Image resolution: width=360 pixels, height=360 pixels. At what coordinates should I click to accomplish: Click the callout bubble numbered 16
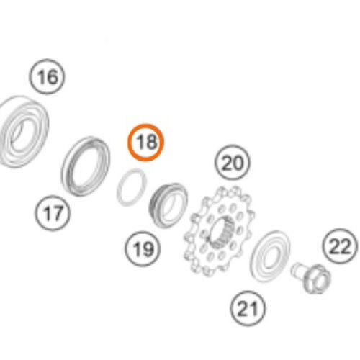tap(47, 76)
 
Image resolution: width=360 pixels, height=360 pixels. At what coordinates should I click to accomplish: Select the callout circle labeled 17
tap(53, 213)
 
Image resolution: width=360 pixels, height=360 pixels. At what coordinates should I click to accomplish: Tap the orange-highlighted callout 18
tap(145, 143)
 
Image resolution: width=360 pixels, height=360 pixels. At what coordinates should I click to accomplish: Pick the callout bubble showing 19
tap(143, 248)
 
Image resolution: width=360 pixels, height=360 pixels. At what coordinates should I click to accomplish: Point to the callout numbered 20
tap(232, 163)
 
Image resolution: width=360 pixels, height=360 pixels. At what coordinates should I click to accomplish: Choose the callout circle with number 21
tap(248, 308)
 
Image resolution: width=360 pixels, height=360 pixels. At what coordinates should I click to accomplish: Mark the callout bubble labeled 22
tap(340, 246)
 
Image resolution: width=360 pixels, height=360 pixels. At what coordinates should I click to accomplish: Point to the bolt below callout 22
tap(312, 279)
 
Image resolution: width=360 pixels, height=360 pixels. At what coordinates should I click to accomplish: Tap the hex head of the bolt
tap(318, 279)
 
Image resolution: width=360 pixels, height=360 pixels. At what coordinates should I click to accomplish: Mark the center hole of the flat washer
tap(271, 256)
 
